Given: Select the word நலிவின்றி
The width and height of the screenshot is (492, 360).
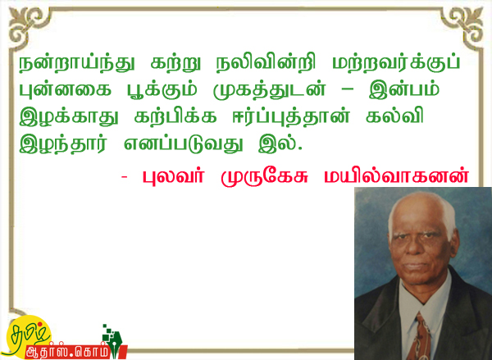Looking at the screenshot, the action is point(266,64).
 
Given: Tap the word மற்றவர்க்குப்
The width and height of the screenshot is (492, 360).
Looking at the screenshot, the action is point(396,64).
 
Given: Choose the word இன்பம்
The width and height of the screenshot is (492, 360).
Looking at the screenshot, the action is point(404,90).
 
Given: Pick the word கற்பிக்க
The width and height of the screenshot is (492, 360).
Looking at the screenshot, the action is point(175,117).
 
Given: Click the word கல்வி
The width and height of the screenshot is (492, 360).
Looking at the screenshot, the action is point(394,116).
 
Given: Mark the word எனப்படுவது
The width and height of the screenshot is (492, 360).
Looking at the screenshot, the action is point(184,144).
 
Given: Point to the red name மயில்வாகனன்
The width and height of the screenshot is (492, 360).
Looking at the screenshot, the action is point(396,176).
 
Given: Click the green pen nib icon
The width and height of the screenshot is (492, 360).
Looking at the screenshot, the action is point(115,343).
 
